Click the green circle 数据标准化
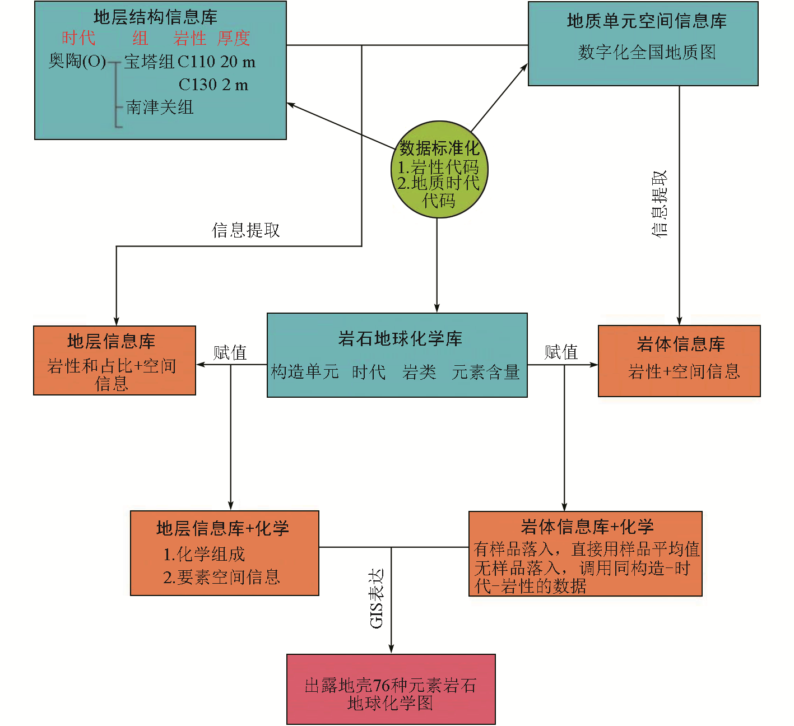click(439, 170)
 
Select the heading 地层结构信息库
click(155, 17)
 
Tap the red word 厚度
click(233, 39)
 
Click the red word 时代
click(78, 39)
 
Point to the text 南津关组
click(160, 107)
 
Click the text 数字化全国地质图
click(647, 53)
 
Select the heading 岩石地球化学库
click(400, 338)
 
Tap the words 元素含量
click(485, 372)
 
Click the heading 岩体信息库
click(681, 344)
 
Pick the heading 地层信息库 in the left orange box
click(111, 341)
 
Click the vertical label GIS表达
click(377, 598)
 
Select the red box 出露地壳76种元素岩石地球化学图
click(391, 690)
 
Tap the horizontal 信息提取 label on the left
click(245, 230)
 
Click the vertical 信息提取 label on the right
click(660, 204)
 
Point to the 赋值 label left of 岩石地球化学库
click(230, 352)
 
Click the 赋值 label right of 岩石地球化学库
click(561, 352)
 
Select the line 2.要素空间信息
click(221, 577)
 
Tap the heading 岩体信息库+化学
click(587, 527)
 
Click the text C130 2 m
click(213, 85)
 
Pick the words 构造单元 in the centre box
click(305, 372)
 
